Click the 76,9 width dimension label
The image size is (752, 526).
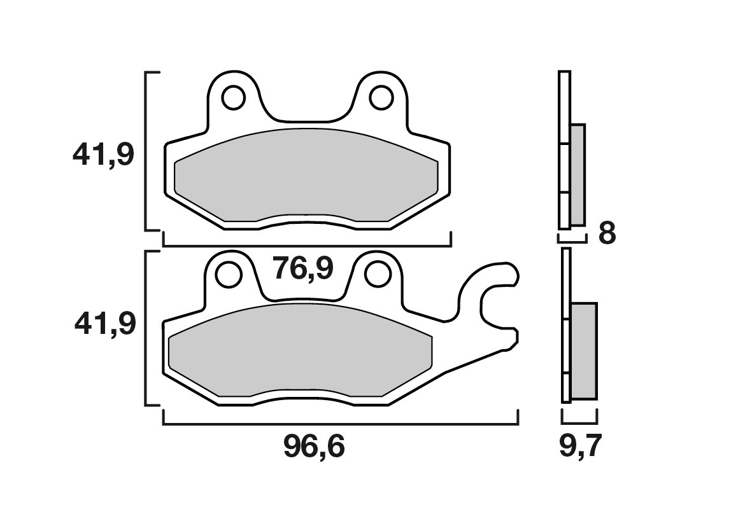(302, 270)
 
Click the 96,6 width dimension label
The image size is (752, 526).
(313, 448)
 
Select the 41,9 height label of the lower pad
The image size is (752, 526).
(104, 324)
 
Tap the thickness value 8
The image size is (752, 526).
(607, 234)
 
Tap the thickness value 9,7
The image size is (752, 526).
(579, 447)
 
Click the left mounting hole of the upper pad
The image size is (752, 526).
(234, 98)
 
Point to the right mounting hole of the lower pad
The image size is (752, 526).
(377, 275)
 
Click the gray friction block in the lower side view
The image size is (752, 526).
(584, 350)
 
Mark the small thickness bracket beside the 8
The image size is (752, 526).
(571, 241)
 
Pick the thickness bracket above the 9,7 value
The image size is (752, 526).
(579, 422)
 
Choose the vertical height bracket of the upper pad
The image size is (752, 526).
(147, 151)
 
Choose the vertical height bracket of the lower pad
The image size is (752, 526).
(146, 328)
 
